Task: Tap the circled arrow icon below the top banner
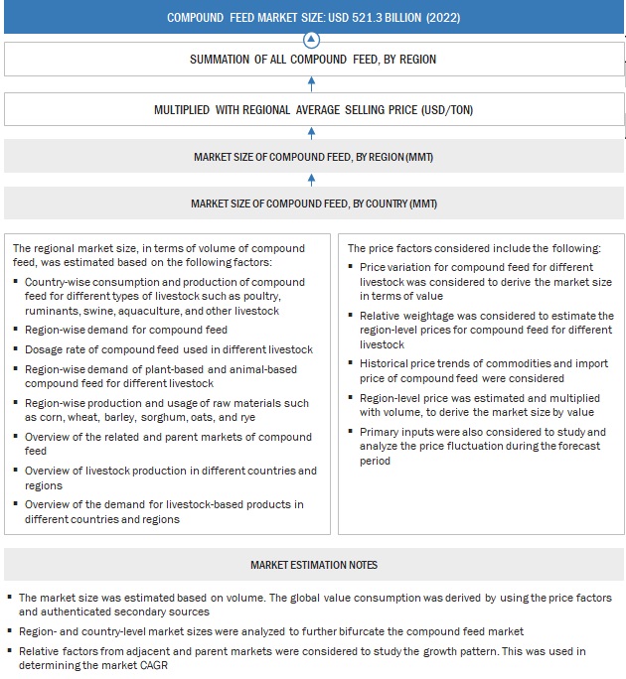tap(312, 40)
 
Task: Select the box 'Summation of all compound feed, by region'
tap(312, 60)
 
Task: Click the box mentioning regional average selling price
tap(312, 109)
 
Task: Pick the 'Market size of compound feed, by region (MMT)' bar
tap(312, 157)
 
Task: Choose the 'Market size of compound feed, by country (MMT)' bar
tap(312, 204)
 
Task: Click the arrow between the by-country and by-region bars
tap(312, 180)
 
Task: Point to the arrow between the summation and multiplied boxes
tap(312, 84)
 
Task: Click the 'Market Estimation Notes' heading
tap(312, 565)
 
